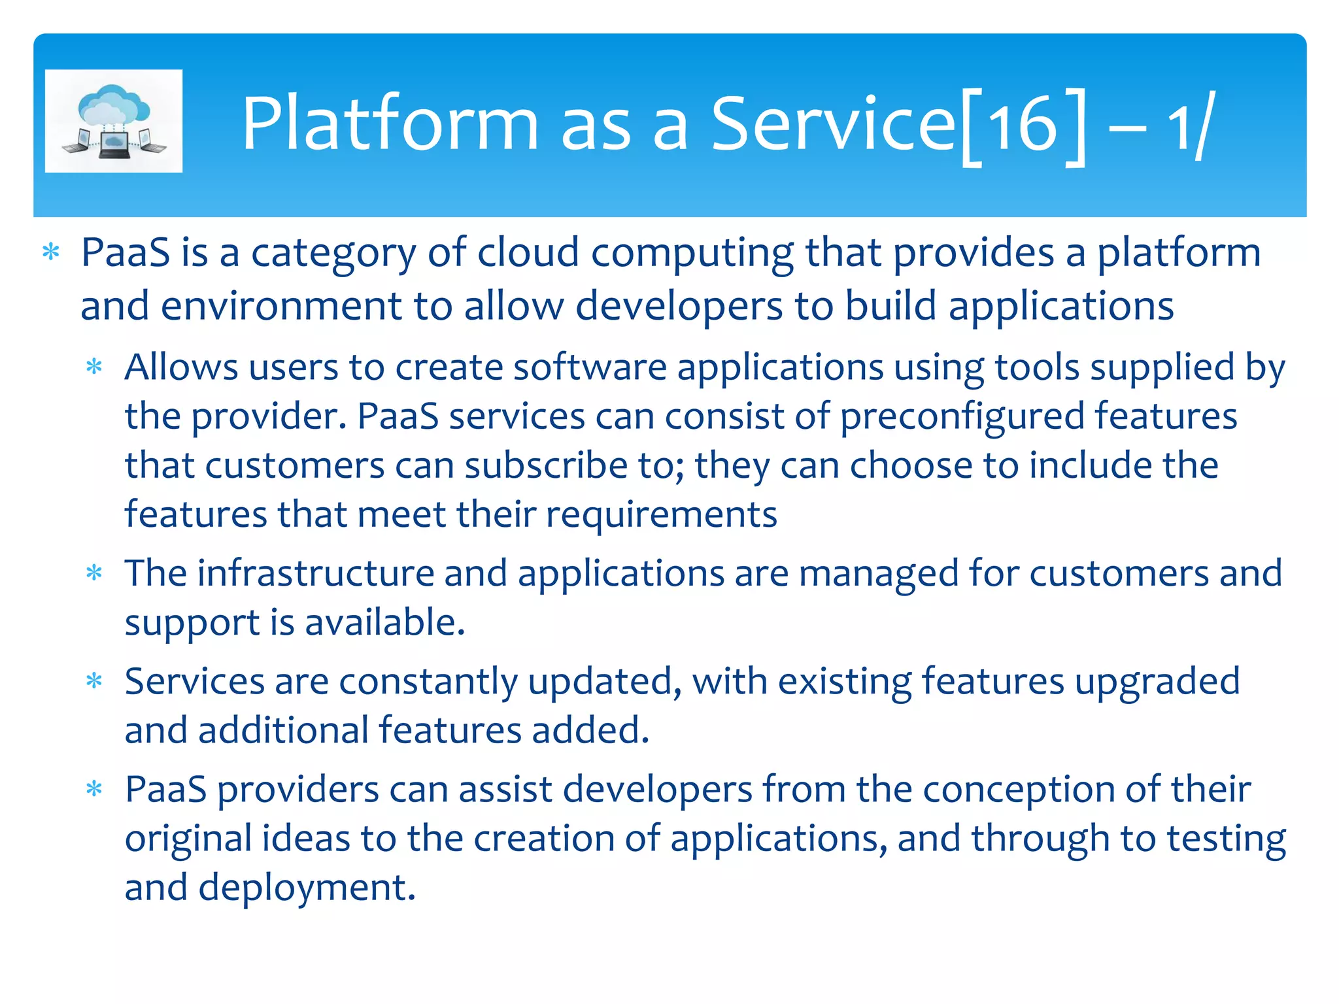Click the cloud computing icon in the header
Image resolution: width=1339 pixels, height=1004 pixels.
pos(114,121)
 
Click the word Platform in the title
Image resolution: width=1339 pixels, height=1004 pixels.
pos(390,124)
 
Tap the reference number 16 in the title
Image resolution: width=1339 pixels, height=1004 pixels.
pos(1023,124)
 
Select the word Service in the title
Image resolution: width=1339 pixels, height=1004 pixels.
pos(834,124)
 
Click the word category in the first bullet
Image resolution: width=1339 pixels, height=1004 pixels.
pos(333,254)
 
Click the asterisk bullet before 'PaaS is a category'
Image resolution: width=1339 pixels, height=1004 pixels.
pos(51,252)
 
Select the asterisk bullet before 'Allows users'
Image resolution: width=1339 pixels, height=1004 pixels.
pos(95,367)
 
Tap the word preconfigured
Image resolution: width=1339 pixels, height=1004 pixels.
pos(962,417)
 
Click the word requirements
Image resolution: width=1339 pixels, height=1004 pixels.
pos(661,515)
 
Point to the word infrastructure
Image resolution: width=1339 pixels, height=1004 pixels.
pos(316,573)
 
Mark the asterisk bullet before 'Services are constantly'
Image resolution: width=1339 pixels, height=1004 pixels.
pos(95,681)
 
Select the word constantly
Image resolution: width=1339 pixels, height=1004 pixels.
pos(428,682)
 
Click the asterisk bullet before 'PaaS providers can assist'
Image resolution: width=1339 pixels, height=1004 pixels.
pos(95,789)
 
